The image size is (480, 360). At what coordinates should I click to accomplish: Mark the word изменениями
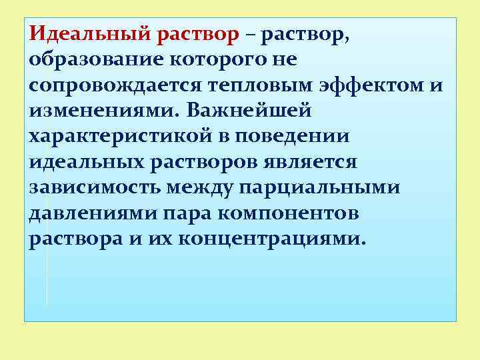point(99,110)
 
